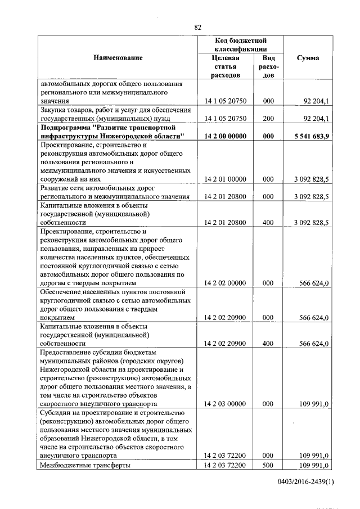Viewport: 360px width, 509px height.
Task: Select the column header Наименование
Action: click(x=118, y=58)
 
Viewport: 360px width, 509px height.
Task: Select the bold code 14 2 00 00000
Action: click(x=226, y=136)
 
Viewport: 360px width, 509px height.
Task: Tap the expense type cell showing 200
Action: click(x=268, y=119)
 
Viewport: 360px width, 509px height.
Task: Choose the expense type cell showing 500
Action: click(x=268, y=465)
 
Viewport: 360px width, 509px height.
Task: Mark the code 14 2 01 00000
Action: click(x=226, y=179)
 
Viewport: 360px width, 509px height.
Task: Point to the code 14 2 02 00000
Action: click(x=226, y=282)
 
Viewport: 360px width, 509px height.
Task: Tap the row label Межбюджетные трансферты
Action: click(x=85, y=465)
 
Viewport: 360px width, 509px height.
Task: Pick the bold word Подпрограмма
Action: click(x=66, y=128)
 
